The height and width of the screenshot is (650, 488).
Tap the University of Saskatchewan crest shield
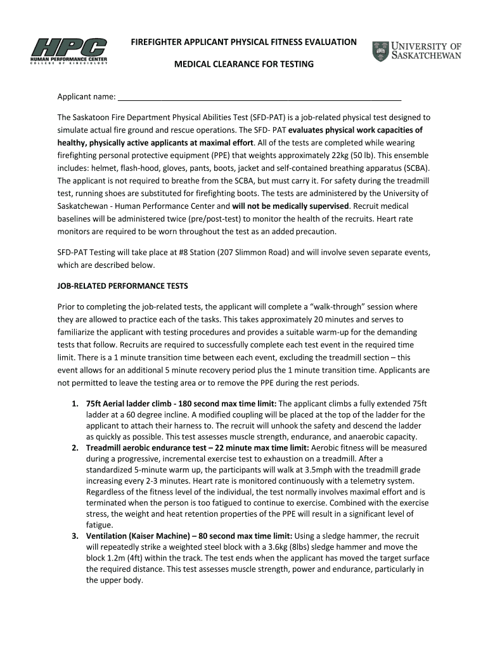coord(380,51)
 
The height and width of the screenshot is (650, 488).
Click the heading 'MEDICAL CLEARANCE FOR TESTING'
coord(244,65)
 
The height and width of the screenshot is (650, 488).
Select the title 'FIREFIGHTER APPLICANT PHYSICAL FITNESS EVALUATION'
coord(244,42)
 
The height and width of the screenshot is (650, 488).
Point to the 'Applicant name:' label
coord(86,97)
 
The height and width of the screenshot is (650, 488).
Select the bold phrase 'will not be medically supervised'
coord(290,206)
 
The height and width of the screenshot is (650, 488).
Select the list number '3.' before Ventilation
coord(75,536)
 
